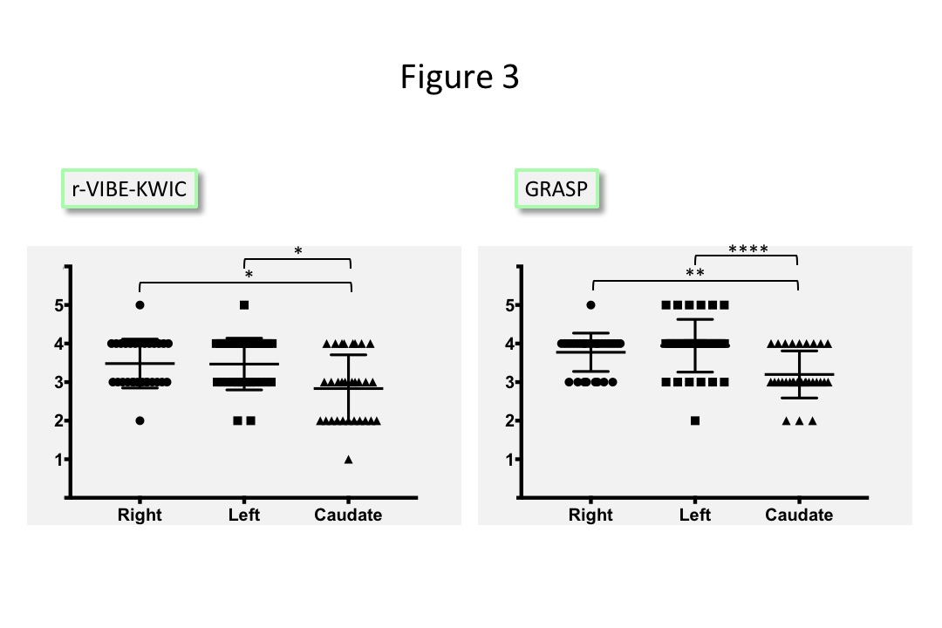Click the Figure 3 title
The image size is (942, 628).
[460, 77]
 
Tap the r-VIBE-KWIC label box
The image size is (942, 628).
[129, 188]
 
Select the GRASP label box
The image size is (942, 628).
[557, 188]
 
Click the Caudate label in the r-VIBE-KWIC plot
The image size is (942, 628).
[348, 515]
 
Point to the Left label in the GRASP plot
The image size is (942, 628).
[695, 515]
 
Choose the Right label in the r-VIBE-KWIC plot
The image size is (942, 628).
[140, 515]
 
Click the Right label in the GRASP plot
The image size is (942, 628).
[590, 515]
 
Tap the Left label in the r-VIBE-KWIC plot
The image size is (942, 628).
[244, 515]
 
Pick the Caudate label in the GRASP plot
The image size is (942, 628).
[799, 515]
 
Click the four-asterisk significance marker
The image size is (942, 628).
[747, 250]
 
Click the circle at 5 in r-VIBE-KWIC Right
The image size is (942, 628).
[140, 305]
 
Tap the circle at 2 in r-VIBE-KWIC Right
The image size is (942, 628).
[140, 420]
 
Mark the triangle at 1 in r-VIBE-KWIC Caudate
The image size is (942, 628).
[349, 459]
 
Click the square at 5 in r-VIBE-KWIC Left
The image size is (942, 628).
[244, 305]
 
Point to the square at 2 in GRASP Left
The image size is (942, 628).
[695, 420]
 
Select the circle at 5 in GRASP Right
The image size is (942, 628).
[590, 305]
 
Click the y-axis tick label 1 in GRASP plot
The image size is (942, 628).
[508, 459]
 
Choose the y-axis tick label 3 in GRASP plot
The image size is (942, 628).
[508, 382]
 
